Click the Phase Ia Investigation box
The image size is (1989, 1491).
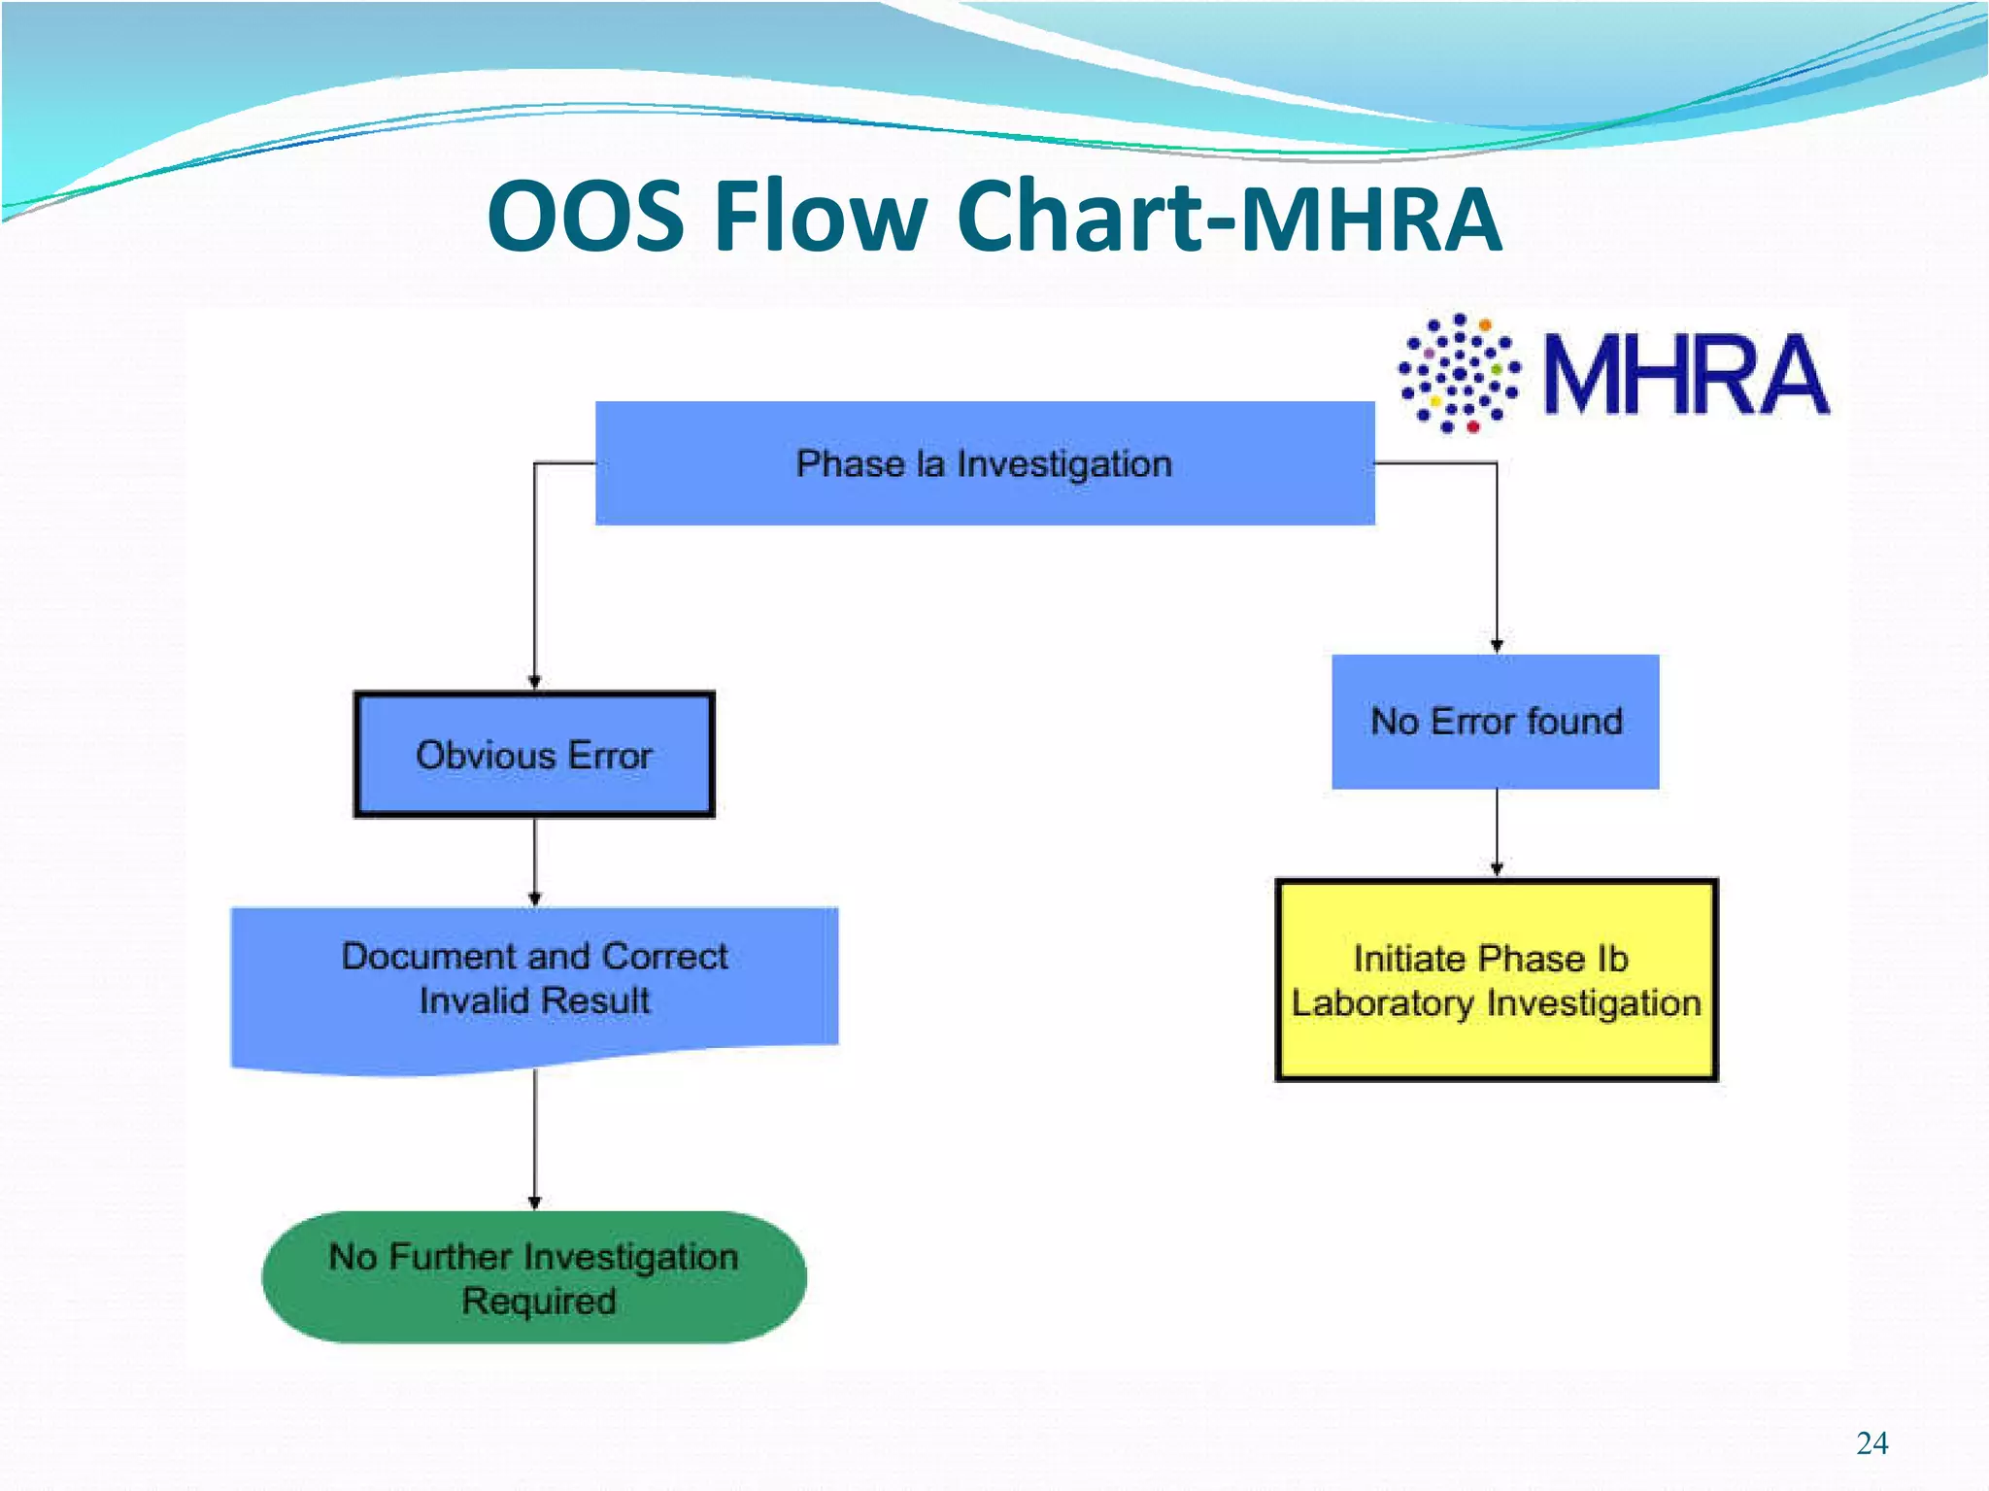point(984,463)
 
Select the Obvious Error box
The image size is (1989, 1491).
point(534,755)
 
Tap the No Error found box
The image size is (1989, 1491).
point(1496,722)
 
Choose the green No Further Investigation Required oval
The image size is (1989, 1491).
point(534,1277)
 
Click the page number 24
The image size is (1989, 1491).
point(1871,1443)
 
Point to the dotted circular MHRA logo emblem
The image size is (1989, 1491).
point(1459,373)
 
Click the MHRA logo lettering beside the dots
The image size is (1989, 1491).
point(1686,375)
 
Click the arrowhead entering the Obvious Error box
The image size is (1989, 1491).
point(534,683)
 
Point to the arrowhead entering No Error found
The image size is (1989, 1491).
point(1497,646)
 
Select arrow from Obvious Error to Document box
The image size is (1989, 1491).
point(534,860)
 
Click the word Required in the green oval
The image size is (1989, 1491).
point(539,1301)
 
